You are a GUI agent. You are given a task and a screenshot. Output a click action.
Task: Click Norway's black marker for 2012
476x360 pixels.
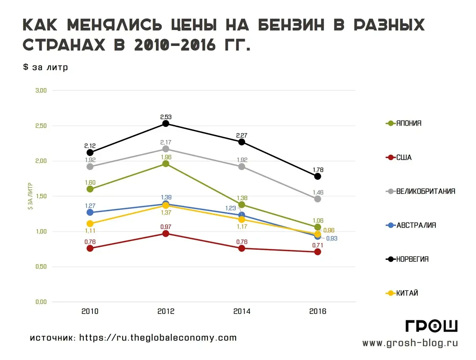point(166,124)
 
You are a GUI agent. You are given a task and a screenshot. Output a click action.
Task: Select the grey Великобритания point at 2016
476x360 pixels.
point(317,199)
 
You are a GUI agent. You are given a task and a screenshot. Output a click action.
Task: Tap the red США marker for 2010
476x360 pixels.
point(90,248)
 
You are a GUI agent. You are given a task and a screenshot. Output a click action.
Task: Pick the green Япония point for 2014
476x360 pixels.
point(242,205)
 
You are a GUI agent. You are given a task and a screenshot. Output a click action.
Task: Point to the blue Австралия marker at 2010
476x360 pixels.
point(90,213)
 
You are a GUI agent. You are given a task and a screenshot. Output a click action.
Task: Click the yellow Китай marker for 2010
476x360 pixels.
point(90,224)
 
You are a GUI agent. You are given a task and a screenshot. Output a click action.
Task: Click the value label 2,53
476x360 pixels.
point(166,117)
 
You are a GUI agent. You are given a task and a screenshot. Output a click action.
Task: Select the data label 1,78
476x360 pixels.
point(317,169)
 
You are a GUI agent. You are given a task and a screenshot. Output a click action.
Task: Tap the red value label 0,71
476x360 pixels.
point(317,245)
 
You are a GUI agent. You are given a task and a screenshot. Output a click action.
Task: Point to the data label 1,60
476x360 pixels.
point(90,182)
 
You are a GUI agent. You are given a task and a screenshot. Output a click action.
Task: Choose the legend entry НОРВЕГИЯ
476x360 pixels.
point(412,259)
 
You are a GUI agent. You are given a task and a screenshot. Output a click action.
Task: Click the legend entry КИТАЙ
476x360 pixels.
point(407,293)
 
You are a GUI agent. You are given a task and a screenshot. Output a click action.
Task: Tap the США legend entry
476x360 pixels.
point(404,157)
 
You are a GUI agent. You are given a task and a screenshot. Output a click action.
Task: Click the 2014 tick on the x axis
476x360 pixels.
point(242,312)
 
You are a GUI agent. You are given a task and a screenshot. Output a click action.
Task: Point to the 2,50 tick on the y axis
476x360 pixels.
point(41,126)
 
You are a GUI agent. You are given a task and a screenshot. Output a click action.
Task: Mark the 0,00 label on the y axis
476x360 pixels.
point(41,302)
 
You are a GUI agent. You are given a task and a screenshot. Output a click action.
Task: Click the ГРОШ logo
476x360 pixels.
point(432,326)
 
